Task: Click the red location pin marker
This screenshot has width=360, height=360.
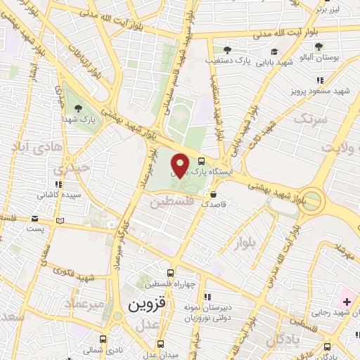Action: pos(181,165)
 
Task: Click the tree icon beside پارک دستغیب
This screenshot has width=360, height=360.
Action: pos(227,49)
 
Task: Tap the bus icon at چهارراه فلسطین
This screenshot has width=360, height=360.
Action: pos(170,274)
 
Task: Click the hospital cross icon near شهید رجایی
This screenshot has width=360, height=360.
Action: pos(347,301)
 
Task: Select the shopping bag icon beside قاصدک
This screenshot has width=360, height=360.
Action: pos(223,195)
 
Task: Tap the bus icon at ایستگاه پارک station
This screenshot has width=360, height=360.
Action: pos(202,160)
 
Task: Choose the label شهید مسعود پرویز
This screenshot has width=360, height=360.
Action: pos(323,91)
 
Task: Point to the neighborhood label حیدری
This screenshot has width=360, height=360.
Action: pos(73,169)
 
